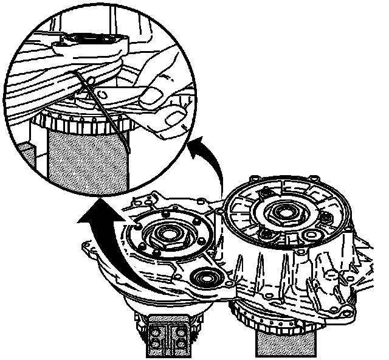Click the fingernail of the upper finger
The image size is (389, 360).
[152, 93]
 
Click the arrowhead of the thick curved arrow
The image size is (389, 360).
[91, 216]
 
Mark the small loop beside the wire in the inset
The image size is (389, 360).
[91, 81]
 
